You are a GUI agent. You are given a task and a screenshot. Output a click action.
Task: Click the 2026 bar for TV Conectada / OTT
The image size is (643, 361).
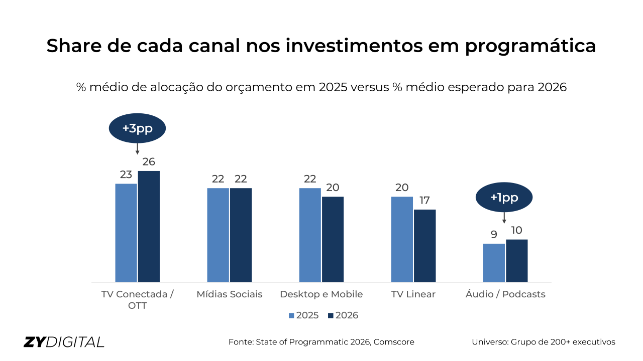[149, 227]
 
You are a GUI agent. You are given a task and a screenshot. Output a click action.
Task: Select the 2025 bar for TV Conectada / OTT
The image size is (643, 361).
[126, 233]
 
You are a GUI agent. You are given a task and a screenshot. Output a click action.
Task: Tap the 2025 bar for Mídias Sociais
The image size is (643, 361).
[218, 235]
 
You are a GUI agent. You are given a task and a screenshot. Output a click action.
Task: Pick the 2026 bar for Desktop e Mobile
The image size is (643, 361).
[333, 239]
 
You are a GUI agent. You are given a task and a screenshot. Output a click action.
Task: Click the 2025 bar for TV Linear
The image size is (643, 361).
[402, 239]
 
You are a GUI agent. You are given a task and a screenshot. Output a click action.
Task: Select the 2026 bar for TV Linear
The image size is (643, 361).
[424, 246]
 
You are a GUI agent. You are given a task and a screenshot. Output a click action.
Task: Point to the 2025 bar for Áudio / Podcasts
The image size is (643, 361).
[494, 263]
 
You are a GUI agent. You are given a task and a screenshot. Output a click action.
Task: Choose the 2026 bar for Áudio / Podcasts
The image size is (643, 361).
[516, 261]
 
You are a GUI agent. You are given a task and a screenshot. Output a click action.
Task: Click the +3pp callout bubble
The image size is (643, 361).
[137, 128]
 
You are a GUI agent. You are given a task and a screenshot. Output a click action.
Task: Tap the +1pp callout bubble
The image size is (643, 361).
[504, 198]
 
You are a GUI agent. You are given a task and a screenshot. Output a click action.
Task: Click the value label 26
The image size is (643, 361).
[149, 162]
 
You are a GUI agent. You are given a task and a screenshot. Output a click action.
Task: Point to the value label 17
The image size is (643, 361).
[424, 201]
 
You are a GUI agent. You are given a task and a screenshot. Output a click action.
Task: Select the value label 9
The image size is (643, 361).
[494, 235]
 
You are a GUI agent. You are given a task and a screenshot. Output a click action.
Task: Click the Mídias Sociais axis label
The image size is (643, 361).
[230, 294]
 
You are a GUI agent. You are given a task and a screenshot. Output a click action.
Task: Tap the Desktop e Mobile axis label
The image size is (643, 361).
[321, 294]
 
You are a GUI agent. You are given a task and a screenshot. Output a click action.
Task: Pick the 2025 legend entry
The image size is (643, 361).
[303, 315]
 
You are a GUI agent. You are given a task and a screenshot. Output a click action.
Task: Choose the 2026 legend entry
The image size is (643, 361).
[343, 315]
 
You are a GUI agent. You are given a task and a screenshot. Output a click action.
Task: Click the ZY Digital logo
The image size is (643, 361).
[64, 342]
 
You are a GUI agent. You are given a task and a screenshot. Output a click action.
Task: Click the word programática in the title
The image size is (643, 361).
[530, 46]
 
